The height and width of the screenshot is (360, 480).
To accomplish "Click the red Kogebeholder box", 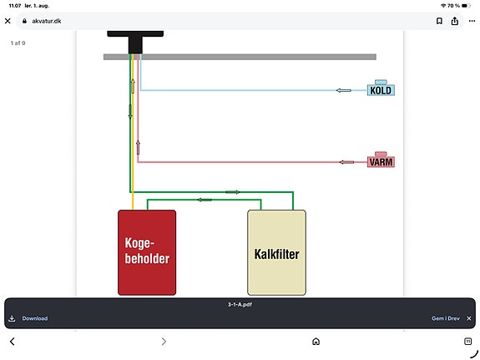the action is pos(147,252).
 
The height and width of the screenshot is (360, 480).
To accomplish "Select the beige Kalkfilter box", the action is pos(276,252).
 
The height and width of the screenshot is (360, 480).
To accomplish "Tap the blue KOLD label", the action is pos(381,90).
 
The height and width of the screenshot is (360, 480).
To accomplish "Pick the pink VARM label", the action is pos(381,162).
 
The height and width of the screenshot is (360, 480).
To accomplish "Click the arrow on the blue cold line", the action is pos(343,90).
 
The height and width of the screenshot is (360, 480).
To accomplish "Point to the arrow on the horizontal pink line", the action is pos(346,162).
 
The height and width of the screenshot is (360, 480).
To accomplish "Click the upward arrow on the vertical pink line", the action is pos(138,148).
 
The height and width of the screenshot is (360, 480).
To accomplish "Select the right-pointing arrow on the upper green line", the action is pos(233,192).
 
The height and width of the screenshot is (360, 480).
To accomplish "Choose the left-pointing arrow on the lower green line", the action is pos(205,200).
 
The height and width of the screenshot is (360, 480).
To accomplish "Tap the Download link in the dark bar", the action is pos(34,318).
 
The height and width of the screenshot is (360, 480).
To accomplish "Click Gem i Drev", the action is pos(446,318).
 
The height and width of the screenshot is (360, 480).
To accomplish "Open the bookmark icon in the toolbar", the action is pos(439,21).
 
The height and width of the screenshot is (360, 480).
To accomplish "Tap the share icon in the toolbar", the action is pos(455,21).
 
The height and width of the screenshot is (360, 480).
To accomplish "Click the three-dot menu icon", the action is pos(472,21).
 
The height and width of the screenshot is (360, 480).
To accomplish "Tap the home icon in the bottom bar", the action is pos(316,342).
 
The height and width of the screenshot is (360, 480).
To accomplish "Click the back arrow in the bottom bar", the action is pos(13,342).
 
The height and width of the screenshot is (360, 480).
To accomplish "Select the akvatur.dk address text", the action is pos(47,21).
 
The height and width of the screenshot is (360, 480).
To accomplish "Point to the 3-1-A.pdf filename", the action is pos(240,304).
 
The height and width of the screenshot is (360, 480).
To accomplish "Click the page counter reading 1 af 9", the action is pos(18,43).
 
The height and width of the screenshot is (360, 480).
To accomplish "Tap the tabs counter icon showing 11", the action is pos(467,342).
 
